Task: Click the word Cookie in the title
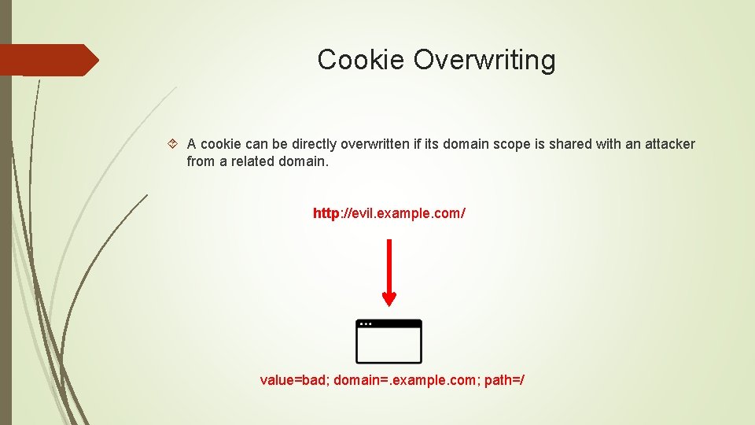point(361,60)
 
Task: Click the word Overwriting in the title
point(484,60)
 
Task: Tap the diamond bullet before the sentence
point(173,144)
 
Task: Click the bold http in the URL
point(326,213)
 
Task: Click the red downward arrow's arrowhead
point(389,299)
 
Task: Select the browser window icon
point(389,342)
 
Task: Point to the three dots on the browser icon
point(365,323)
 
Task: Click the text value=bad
point(294,381)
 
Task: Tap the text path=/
point(504,381)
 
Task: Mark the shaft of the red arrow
point(389,264)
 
